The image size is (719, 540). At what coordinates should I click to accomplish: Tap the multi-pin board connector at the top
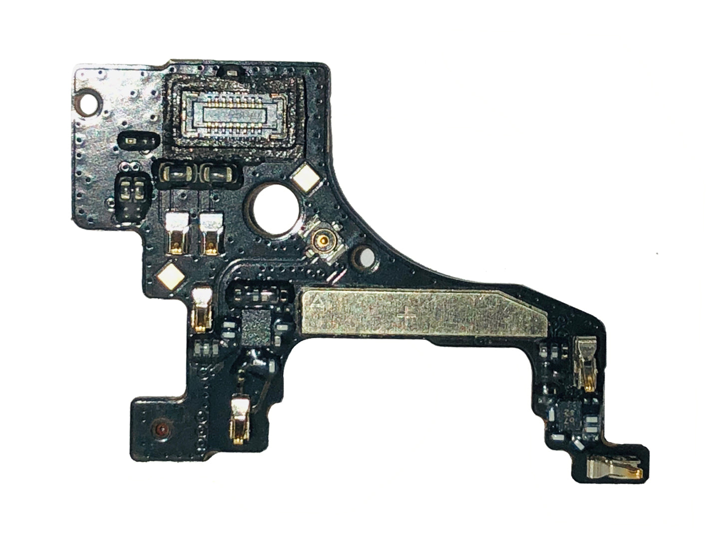coord(233,116)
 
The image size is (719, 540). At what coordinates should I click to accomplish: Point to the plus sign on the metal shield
coord(408,316)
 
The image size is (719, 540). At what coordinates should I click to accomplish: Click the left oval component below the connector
coord(175,174)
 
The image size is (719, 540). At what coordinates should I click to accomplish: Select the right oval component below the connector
coord(218,174)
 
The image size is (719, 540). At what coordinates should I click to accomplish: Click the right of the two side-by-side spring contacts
coord(212,233)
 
